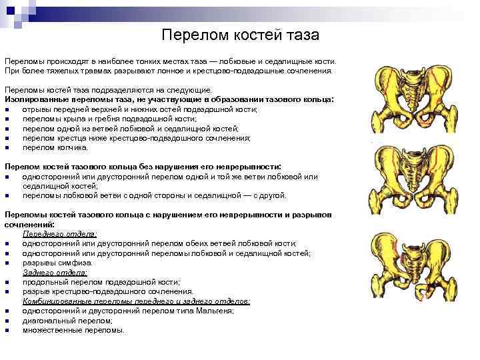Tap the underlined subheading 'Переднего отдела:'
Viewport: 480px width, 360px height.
tap(60, 234)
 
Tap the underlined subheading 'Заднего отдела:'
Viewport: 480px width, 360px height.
tap(54, 272)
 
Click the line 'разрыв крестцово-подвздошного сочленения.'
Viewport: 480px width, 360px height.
tap(108, 291)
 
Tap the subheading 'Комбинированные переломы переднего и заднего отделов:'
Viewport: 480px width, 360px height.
tap(137, 301)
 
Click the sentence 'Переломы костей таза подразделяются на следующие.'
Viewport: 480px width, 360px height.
tap(108, 89)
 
